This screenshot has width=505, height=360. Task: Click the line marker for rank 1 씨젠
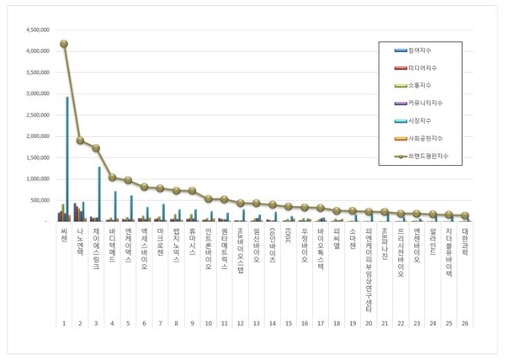[64, 44]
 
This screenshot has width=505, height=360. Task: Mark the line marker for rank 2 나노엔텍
[81, 140]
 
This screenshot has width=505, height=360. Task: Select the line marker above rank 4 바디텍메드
[112, 177]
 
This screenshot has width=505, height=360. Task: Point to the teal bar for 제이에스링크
[99, 193]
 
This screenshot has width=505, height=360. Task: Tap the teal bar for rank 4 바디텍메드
[115, 206]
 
